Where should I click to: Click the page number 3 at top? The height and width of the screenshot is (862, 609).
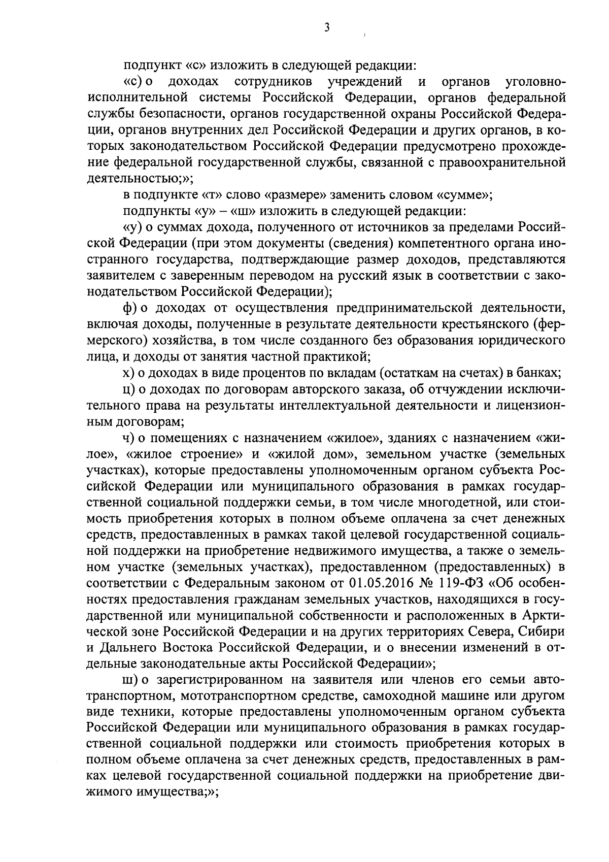327,27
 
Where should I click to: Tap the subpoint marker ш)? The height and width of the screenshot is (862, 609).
129,679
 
